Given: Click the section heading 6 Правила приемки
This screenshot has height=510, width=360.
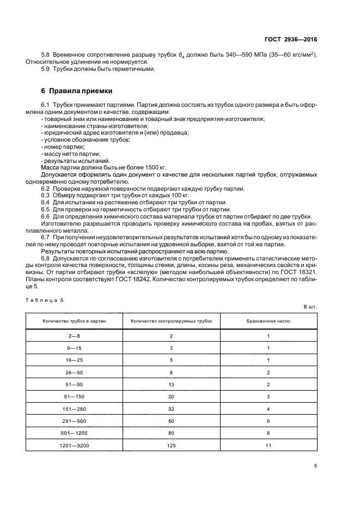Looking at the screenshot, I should coord(75,90).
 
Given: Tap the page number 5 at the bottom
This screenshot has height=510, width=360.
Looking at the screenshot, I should coord(316,465).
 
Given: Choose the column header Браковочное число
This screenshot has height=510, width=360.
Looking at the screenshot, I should coord(269,321).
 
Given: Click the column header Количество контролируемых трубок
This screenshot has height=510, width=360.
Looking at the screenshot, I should coord(171,321).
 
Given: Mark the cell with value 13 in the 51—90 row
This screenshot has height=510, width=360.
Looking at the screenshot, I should coord(171,385).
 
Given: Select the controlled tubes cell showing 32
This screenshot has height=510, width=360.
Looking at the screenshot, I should coord(171,409).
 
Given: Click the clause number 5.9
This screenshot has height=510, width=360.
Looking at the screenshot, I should coord(46,69).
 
